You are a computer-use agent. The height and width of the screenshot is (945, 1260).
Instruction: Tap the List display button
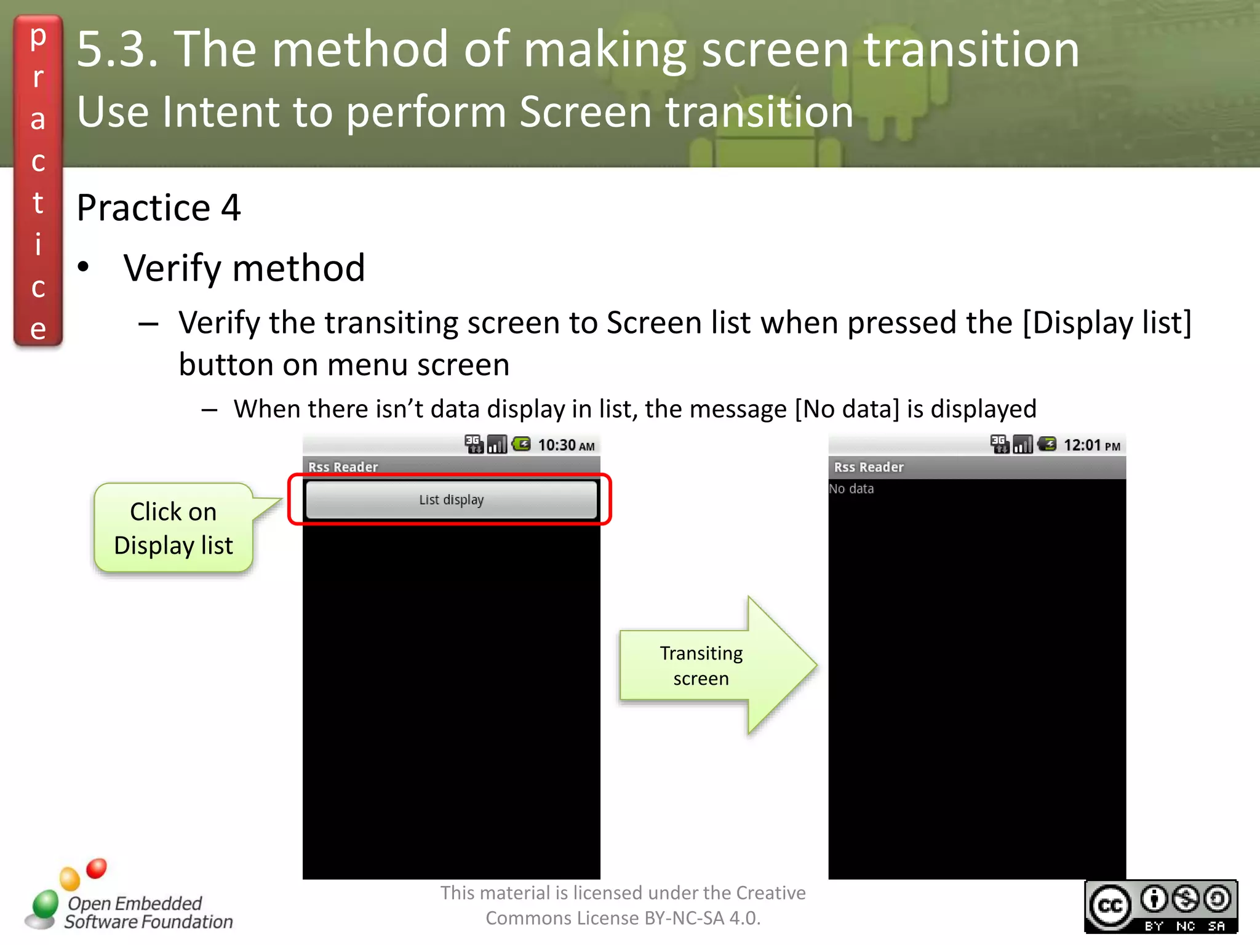451,500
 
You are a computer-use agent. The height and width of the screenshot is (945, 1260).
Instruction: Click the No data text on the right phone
851,488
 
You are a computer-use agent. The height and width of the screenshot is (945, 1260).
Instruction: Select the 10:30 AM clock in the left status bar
566,445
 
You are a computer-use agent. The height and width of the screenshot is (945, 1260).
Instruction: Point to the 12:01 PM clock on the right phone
1091,445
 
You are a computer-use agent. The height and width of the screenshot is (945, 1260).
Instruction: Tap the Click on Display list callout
173,528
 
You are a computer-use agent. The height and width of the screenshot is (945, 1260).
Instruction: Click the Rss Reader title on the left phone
343,467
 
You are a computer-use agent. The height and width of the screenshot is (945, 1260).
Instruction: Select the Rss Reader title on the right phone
869,467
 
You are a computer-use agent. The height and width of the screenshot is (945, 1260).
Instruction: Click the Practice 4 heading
158,207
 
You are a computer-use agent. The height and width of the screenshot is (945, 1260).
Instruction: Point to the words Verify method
244,268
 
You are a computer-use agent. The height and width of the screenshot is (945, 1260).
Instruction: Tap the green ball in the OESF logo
45,905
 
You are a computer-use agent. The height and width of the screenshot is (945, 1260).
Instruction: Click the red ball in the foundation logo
97,868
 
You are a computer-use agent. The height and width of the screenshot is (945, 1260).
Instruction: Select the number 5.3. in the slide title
117,49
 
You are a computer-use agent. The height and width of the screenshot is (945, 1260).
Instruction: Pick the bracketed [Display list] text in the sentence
1107,322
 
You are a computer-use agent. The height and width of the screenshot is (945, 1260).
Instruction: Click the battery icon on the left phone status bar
522,444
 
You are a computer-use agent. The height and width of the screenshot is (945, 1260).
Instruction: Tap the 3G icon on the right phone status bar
999,444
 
